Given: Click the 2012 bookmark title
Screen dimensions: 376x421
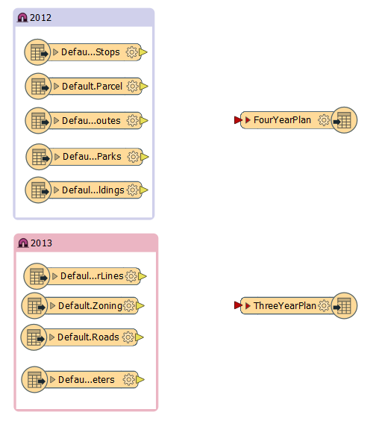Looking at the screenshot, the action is (x=40, y=18).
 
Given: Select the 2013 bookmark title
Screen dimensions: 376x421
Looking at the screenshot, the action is (x=41, y=243).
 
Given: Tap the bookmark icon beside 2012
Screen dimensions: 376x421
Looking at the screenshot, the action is (x=22, y=18).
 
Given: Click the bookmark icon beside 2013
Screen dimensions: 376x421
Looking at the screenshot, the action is (x=23, y=243).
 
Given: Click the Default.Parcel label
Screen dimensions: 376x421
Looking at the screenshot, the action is (x=92, y=86).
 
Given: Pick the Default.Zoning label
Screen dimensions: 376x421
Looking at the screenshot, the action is (x=90, y=305).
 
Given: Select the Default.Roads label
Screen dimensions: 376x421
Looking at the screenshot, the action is (x=88, y=337).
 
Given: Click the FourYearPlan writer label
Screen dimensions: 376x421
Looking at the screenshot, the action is (x=282, y=119).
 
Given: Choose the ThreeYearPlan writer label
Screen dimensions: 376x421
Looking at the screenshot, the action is (x=285, y=305).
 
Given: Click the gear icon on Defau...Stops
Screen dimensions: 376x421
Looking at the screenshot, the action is (x=132, y=52).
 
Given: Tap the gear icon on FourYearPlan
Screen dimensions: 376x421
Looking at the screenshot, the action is (x=324, y=120).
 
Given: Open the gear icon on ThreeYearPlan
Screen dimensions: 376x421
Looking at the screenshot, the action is (x=324, y=305).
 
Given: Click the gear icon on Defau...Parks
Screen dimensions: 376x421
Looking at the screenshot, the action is (x=133, y=157).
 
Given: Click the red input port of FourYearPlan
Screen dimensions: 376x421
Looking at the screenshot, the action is (x=238, y=120).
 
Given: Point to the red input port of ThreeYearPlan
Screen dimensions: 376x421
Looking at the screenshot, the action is (x=238, y=305).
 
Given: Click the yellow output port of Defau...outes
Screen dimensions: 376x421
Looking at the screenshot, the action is (x=144, y=121).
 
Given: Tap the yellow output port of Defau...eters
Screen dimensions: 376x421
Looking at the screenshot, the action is (x=140, y=380).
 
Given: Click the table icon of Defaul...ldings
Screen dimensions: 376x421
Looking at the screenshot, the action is (x=38, y=190).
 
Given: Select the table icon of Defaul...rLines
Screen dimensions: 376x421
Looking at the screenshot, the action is (x=37, y=276).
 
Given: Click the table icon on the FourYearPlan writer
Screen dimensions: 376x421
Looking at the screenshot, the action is (x=344, y=120).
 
